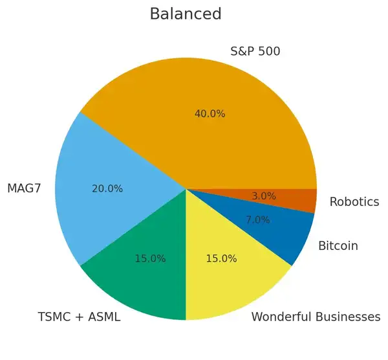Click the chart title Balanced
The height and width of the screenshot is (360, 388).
[185, 14]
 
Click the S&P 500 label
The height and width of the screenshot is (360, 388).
[255, 51]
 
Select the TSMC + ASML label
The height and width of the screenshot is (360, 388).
[79, 317]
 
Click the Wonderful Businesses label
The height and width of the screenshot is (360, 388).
[315, 317]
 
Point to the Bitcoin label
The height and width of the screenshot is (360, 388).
[338, 246]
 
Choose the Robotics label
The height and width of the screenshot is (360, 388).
[354, 201]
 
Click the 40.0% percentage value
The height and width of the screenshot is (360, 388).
[210, 113]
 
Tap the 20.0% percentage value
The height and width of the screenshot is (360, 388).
[107, 188]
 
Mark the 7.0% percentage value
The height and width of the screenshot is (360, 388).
[257, 219]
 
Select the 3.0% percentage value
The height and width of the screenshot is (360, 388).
[263, 196]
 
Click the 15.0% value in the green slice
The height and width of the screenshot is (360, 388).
[150, 258]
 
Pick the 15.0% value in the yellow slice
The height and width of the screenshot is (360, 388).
[221, 258]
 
